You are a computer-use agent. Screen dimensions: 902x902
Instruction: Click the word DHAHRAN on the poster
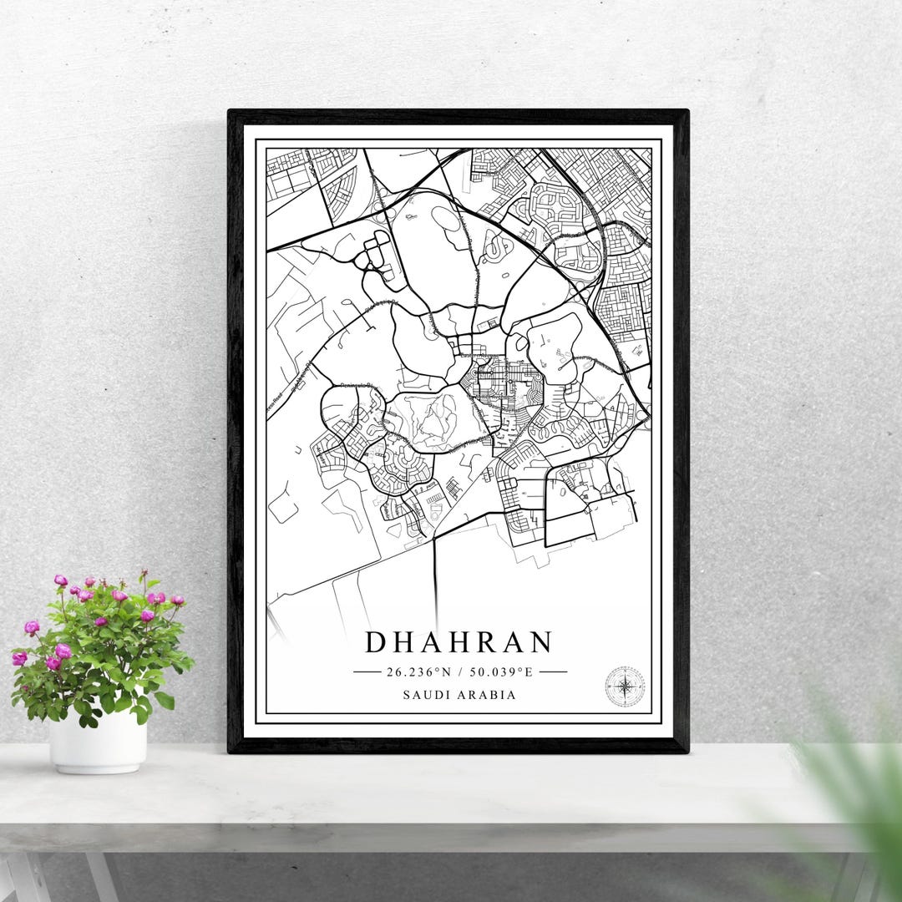click(459, 642)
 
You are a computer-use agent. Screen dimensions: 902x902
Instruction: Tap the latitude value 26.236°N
click(418, 671)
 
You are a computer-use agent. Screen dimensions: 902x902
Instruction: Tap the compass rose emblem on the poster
click(625, 687)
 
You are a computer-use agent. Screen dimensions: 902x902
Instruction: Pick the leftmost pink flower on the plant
click(19, 658)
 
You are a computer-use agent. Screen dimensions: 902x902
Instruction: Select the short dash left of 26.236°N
click(367, 671)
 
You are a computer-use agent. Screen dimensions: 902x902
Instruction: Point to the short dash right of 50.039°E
click(553, 671)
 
